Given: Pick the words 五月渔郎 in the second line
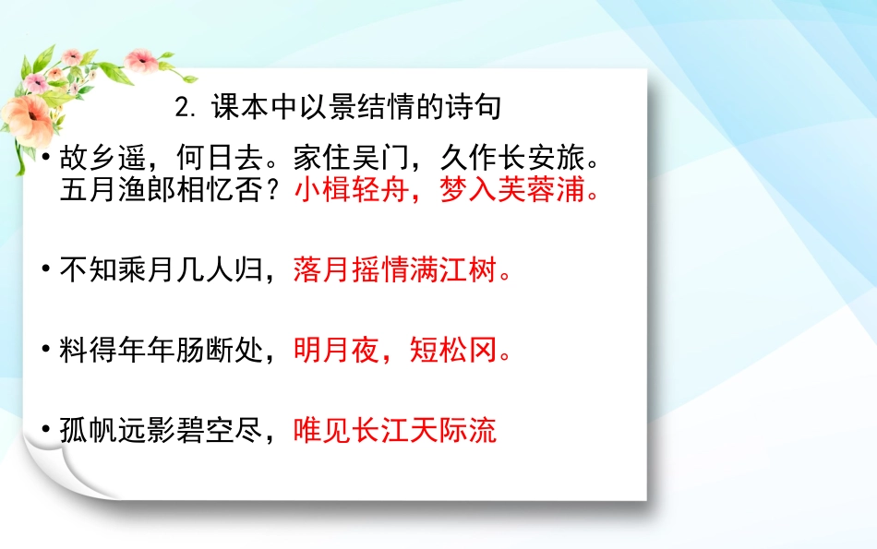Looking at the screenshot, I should [117, 192].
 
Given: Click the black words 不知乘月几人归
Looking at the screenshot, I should [162, 271].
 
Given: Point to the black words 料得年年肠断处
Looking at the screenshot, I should [162, 351].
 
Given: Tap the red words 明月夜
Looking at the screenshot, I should [337, 351].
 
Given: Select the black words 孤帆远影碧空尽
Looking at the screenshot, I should [162, 430].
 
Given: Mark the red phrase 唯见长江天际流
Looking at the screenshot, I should [395, 430].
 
